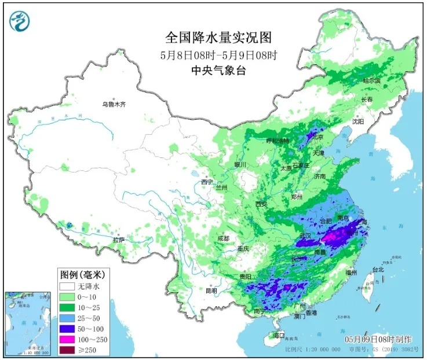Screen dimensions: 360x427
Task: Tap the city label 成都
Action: (x=223, y=238)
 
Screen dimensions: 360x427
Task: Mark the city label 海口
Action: (x=279, y=336)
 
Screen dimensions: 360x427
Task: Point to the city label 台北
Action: (x=378, y=270)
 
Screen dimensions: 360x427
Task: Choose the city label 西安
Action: (x=261, y=204)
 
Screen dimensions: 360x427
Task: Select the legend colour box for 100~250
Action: (x=68, y=339)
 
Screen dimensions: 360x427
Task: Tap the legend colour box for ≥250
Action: (x=68, y=350)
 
